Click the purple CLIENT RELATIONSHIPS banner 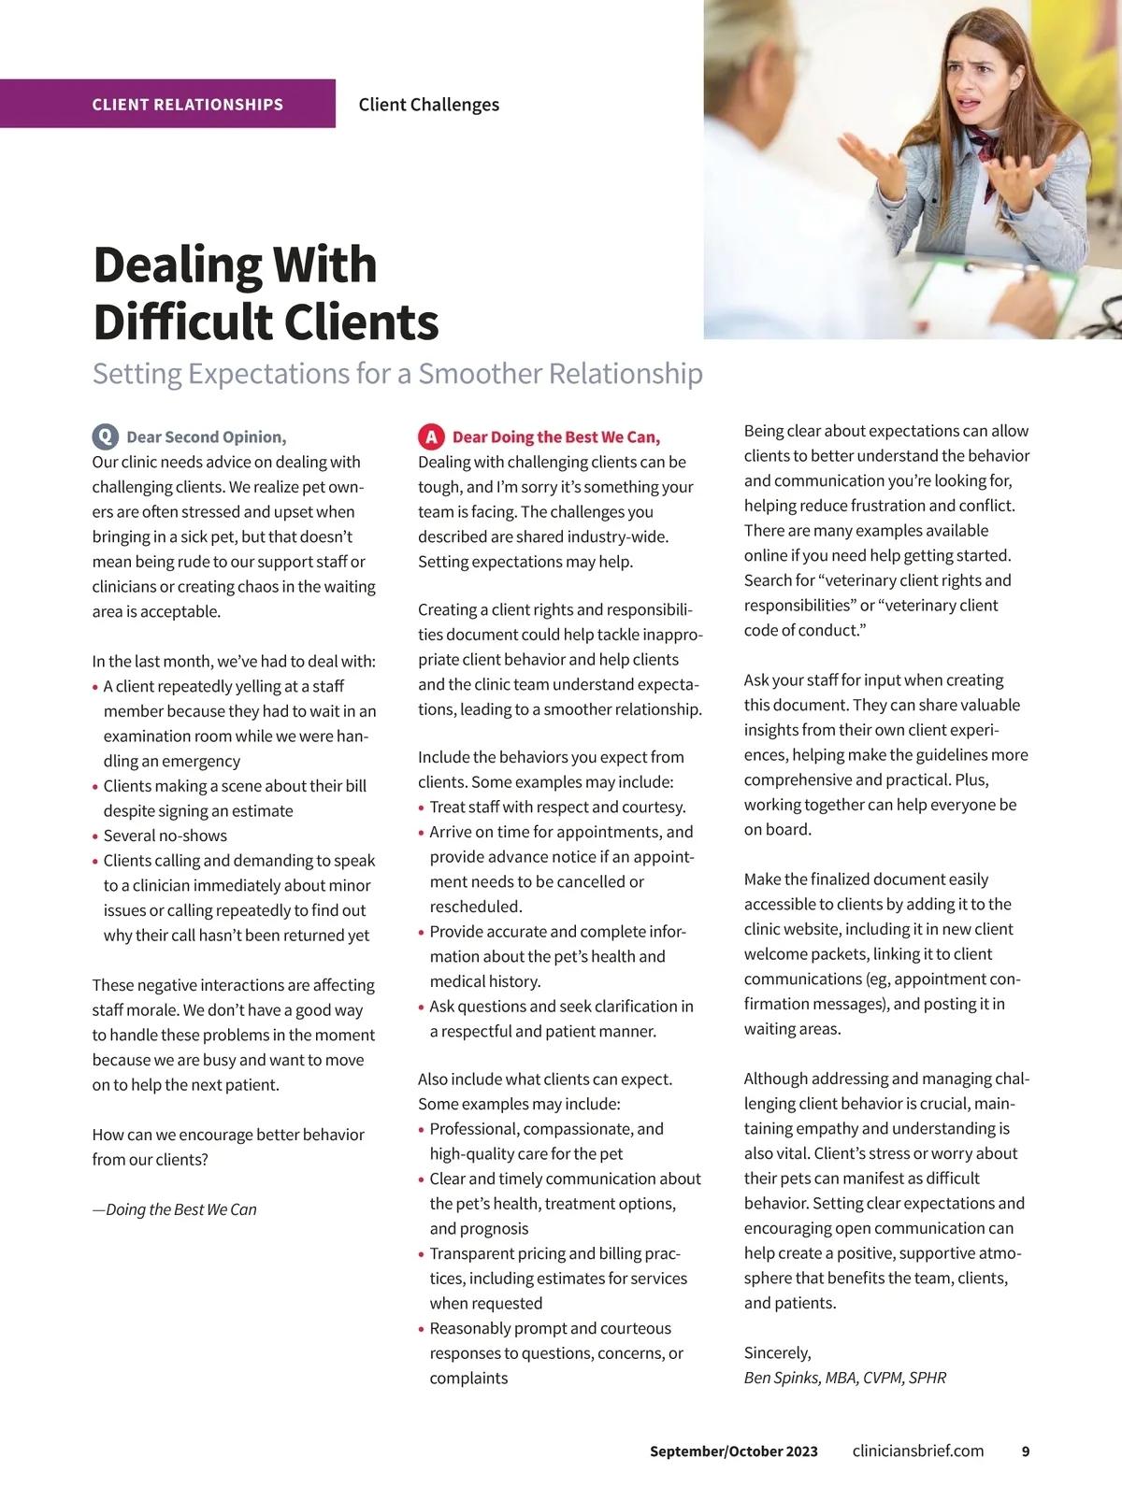(x=187, y=105)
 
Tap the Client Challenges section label (x=428, y=105)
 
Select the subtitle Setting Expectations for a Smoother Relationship (x=397, y=374)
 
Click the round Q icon (x=105, y=436)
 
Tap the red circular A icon (x=430, y=436)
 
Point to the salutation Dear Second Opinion (x=206, y=437)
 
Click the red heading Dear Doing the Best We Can (x=555, y=437)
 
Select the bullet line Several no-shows (x=165, y=836)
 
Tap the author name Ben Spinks (x=783, y=1378)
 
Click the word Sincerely (x=777, y=1352)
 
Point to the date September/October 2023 (x=733, y=1451)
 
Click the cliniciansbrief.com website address (x=917, y=1451)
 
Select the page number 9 (x=1025, y=1451)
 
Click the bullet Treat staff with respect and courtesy (x=557, y=807)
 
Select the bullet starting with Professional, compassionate (x=546, y=1141)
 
